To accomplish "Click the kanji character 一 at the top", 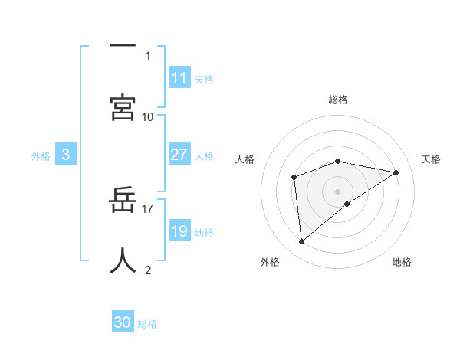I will click(x=123, y=47).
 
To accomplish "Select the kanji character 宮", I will click(x=123, y=106).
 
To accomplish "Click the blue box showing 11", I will click(x=179, y=78).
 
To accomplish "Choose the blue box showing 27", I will click(x=179, y=155).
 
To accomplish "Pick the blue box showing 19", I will click(x=179, y=231).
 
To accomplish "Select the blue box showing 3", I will click(x=66, y=155).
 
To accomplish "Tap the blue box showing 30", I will click(x=123, y=322).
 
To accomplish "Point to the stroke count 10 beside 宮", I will click(x=148, y=116).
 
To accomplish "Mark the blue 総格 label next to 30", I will click(x=147, y=324).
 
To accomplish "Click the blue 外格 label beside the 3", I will click(x=41, y=156).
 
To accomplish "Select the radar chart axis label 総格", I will click(x=338, y=100).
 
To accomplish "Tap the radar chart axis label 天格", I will click(x=431, y=159).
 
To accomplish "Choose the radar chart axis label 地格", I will click(x=402, y=262).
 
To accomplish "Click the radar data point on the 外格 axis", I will click(x=301, y=242).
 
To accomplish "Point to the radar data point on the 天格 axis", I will click(x=396, y=172).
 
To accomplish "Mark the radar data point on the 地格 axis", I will click(x=347, y=204).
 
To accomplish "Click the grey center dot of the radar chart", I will click(x=338, y=191).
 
